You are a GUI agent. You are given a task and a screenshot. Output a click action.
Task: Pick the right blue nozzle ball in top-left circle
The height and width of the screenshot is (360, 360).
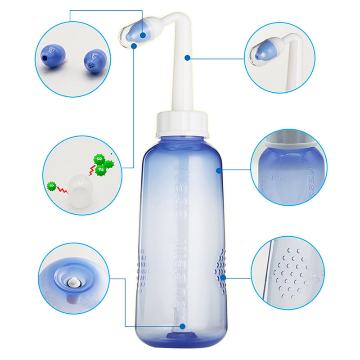coord(92,60)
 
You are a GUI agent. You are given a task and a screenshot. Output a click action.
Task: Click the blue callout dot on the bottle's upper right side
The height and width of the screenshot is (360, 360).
coord(218,170)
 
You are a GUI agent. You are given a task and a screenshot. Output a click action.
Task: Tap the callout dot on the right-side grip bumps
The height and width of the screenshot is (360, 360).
coord(222,278)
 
